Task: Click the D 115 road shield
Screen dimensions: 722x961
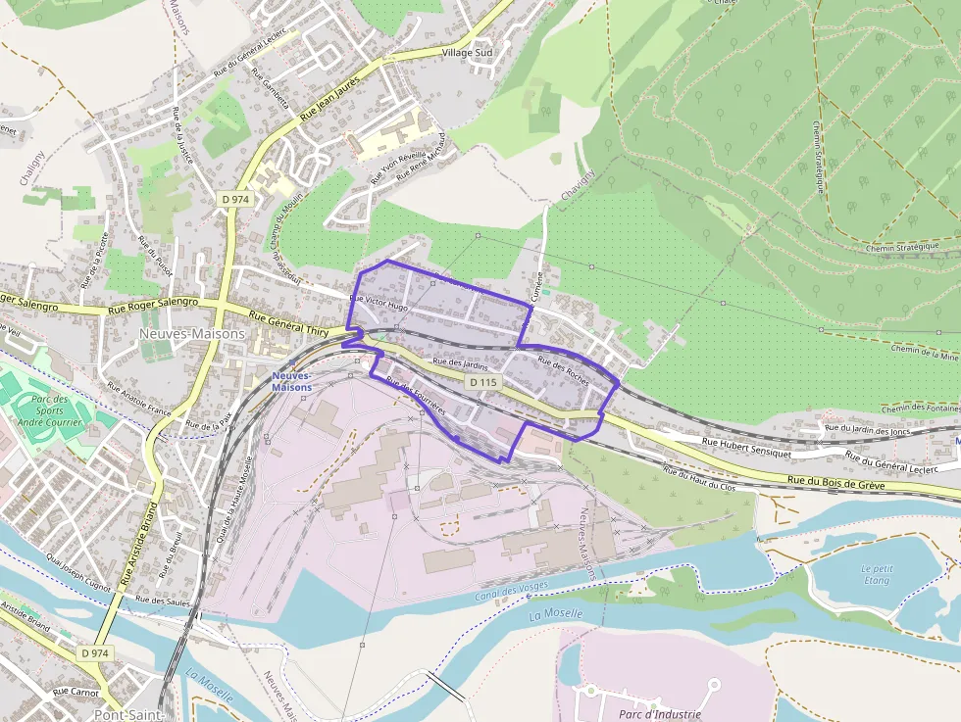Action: click(x=483, y=381)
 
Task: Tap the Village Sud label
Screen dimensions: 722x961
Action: click(x=468, y=52)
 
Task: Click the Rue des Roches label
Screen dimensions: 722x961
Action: click(x=563, y=372)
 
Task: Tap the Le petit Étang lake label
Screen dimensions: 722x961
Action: click(x=876, y=574)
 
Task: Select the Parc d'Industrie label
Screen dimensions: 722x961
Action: click(x=660, y=714)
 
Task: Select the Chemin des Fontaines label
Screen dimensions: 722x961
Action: click(x=920, y=409)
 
